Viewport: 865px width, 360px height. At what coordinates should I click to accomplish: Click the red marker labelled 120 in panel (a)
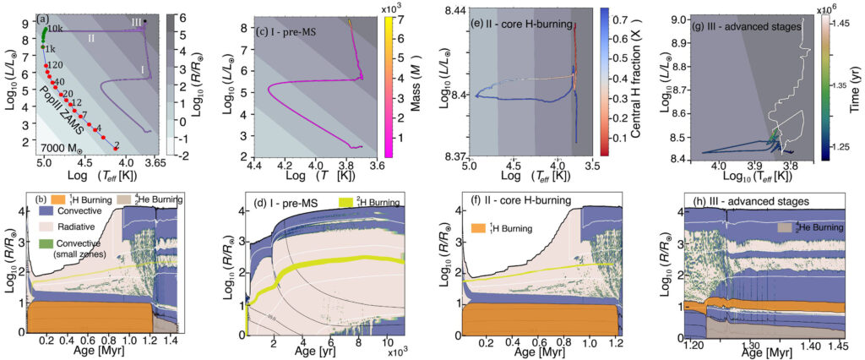coord(46,65)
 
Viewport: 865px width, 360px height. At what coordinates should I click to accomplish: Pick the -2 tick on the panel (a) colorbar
coord(184,155)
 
